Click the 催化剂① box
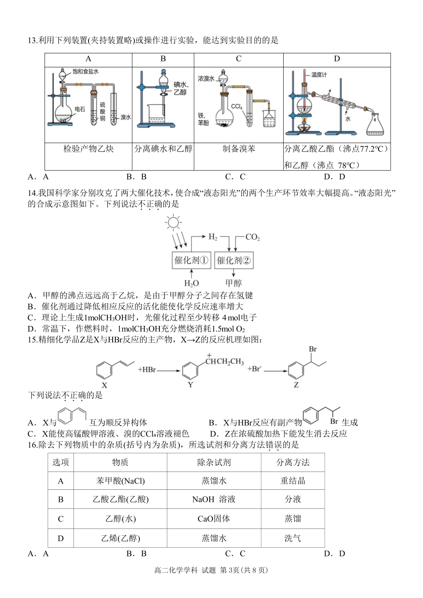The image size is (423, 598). click(x=191, y=260)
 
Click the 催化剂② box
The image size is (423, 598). click(x=234, y=260)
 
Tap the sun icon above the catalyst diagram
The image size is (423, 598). click(x=173, y=222)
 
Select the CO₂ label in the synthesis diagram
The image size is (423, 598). click(x=252, y=237)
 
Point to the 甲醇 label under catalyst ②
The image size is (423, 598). click(x=233, y=283)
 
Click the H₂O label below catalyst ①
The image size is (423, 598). click(x=191, y=283)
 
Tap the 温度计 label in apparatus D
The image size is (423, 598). click(x=319, y=75)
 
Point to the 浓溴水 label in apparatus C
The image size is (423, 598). click(x=206, y=78)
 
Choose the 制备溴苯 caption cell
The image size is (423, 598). click(x=239, y=149)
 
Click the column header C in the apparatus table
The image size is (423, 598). click(x=239, y=59)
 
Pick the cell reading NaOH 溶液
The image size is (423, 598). click(x=214, y=500)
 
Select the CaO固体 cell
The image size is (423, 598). click(x=214, y=519)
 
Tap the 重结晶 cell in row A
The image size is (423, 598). click(x=293, y=481)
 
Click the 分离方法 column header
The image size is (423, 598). click(x=293, y=462)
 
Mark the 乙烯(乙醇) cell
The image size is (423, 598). click(x=120, y=538)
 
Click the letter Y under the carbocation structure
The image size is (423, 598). click(x=191, y=385)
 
